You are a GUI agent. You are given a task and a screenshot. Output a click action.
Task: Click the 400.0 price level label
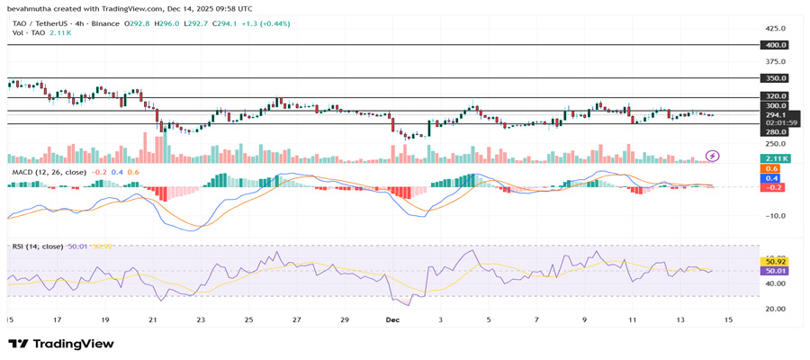[775, 45]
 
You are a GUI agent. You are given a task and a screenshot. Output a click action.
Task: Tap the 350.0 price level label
[775, 78]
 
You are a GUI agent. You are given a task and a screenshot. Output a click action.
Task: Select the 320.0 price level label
[775, 96]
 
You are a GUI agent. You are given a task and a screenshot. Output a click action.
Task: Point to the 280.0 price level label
[775, 131]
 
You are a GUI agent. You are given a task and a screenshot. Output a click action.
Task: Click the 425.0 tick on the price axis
[775, 28]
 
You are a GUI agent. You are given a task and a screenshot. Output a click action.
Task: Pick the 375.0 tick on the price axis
[775, 61]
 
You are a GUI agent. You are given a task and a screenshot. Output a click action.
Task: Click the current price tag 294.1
[775, 115]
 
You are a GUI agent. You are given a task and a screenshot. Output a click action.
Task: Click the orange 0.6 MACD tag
[771, 169]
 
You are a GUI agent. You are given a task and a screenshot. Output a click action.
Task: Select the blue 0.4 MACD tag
[771, 178]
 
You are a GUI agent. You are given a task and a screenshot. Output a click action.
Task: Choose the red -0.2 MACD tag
[771, 187]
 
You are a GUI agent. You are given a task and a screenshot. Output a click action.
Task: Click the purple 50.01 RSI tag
[775, 270]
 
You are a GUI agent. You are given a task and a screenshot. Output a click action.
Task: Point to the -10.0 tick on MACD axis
[775, 216]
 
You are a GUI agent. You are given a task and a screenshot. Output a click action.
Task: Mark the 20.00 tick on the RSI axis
[775, 309]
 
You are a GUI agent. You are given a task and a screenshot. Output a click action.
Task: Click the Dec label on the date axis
[392, 319]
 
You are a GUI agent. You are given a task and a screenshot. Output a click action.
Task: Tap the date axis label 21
[153, 319]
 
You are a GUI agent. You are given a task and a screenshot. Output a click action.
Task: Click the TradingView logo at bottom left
[61, 344]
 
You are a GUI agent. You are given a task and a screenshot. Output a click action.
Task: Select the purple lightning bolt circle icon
[713, 156]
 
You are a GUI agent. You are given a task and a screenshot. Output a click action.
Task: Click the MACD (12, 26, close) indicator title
[49, 172]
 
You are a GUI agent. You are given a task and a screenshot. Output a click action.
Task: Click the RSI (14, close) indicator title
[37, 246]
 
